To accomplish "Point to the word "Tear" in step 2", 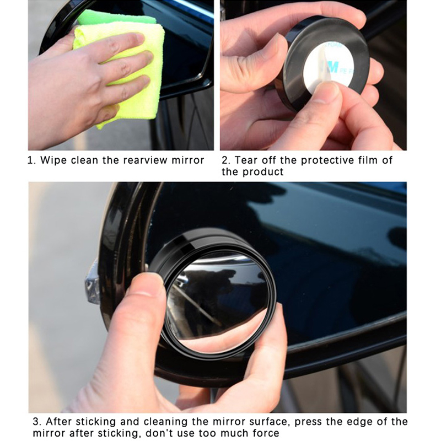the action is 246,160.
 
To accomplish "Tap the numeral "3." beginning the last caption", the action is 37,422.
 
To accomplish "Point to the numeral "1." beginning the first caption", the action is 32,160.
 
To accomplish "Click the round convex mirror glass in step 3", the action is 217,302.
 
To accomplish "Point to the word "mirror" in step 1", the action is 188,160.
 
